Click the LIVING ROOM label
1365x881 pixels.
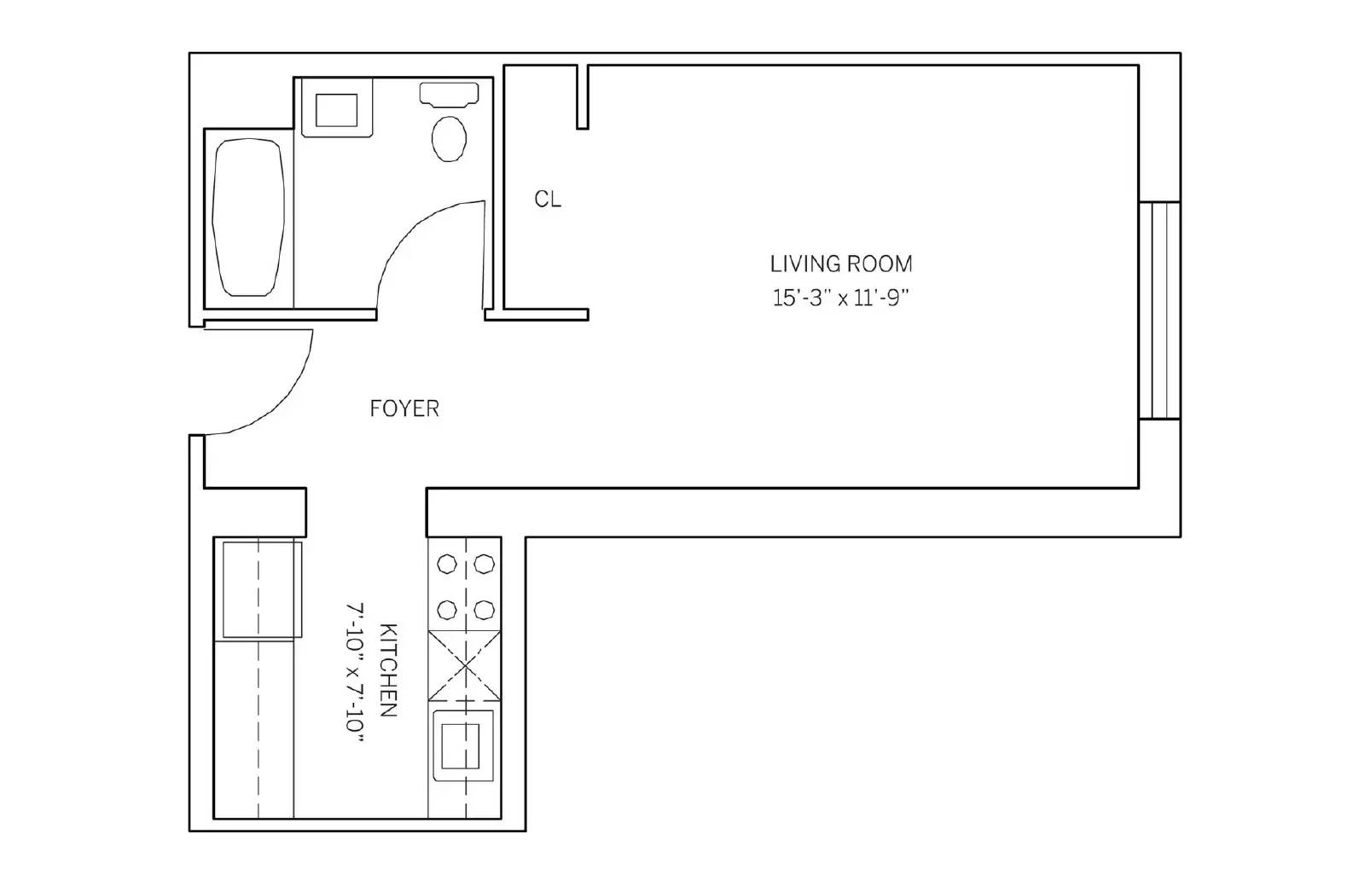(x=841, y=264)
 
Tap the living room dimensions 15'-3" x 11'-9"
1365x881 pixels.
(x=841, y=298)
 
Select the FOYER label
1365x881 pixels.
(x=404, y=409)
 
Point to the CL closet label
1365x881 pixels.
(x=548, y=199)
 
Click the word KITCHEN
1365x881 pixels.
(x=388, y=669)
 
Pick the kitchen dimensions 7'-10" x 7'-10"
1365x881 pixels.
(x=355, y=673)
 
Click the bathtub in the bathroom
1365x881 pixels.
(x=248, y=217)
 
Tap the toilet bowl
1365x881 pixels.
(x=449, y=139)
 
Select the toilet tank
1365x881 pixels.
(x=449, y=95)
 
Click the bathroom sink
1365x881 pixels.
(x=337, y=110)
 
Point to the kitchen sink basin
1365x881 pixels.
(x=462, y=745)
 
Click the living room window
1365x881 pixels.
(x=1159, y=310)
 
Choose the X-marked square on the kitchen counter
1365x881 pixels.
(x=464, y=665)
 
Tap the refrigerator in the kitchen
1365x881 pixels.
(x=262, y=589)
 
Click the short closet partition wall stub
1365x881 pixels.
(x=583, y=97)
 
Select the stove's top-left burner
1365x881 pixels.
(x=447, y=564)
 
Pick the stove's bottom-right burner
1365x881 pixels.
(x=485, y=609)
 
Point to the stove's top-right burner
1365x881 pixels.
(x=485, y=564)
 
